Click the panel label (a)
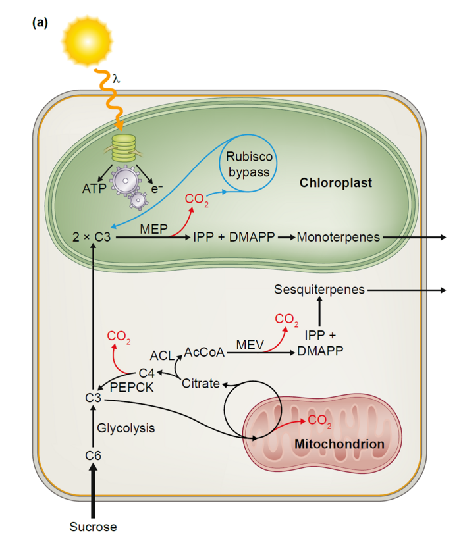click(x=40, y=22)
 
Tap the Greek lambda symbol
click(x=117, y=78)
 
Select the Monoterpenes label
click(x=339, y=238)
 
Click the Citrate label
click(x=200, y=384)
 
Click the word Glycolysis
click(x=126, y=428)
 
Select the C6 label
click(x=93, y=455)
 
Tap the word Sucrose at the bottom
click(x=93, y=527)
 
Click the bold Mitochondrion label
click(x=339, y=444)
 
